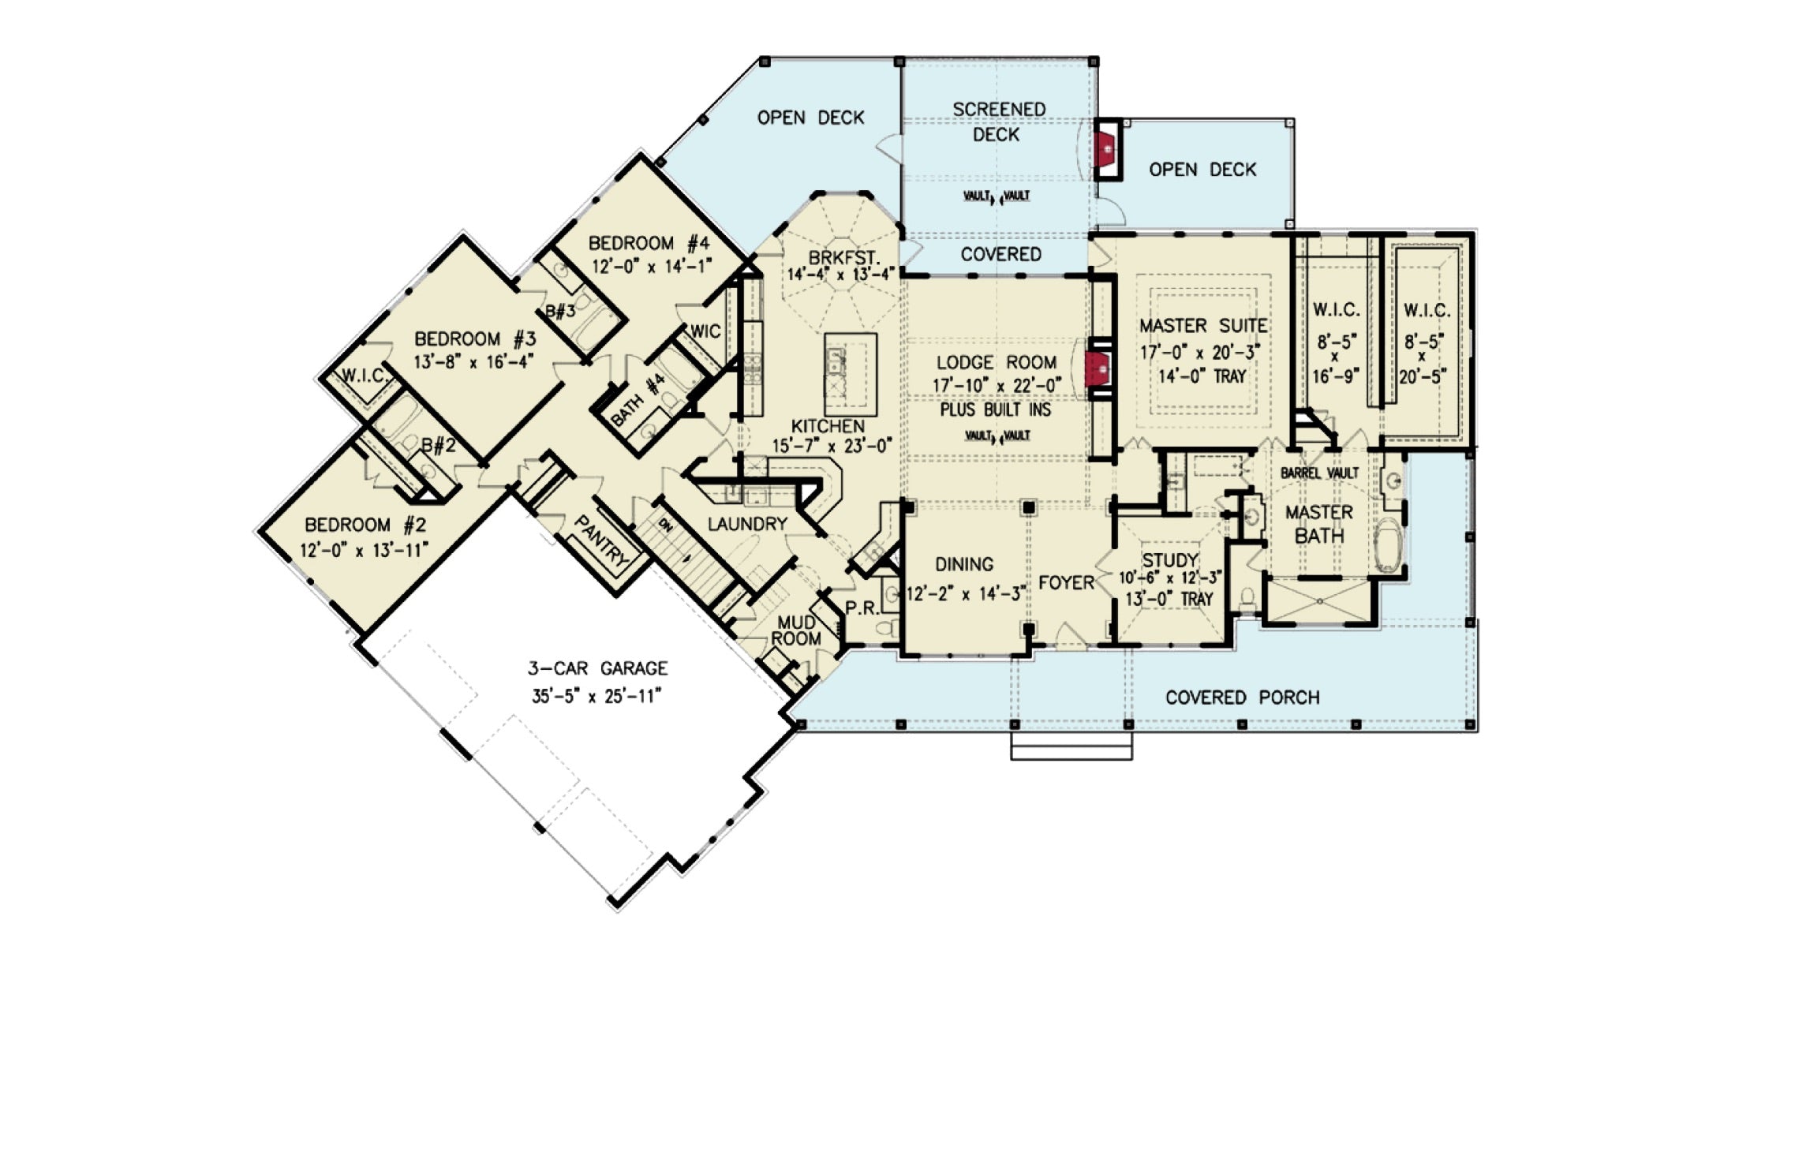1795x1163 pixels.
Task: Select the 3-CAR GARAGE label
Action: [597, 668]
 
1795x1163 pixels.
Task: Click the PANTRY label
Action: [602, 541]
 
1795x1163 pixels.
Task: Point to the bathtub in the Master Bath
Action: [1386, 545]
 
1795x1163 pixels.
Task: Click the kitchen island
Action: [851, 375]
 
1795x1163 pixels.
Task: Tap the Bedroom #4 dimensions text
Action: [652, 267]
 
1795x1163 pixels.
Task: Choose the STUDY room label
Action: [1170, 560]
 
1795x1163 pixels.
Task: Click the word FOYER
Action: [1066, 583]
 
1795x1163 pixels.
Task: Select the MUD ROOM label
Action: [796, 631]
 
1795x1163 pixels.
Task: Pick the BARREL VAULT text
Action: [1319, 473]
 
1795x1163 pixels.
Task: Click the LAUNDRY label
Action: [746, 524]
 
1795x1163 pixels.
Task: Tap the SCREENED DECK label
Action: [998, 122]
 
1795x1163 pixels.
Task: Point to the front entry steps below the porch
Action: [1071, 746]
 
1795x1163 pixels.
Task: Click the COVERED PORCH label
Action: [1242, 697]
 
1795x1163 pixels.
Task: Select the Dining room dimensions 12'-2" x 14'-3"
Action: [965, 594]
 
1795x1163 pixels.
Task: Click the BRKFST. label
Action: [843, 257]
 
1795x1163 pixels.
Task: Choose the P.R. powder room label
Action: [862, 608]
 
